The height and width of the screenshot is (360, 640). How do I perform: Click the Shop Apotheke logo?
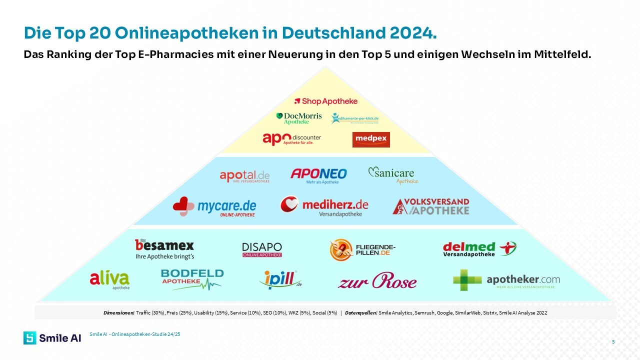(326, 101)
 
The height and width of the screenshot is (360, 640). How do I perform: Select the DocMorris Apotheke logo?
(299, 118)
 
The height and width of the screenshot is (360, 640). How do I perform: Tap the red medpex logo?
(371, 139)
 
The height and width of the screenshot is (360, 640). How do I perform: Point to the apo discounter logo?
(292, 138)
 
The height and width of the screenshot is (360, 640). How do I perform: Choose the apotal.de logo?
(244, 176)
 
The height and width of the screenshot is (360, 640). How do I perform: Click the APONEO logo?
(319, 175)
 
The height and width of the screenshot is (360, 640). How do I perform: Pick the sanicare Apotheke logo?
(393, 175)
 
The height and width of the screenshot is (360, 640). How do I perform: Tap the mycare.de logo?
(214, 206)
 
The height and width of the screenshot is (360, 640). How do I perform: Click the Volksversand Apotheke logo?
(431, 206)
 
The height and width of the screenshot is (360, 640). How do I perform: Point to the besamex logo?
(164, 248)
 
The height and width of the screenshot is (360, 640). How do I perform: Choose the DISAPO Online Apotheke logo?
(262, 249)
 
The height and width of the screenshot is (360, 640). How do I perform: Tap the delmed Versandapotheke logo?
(479, 248)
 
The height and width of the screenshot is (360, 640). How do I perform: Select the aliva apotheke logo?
(109, 280)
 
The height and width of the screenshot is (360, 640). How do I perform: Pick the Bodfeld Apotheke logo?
(192, 279)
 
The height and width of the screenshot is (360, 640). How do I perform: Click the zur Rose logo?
(377, 281)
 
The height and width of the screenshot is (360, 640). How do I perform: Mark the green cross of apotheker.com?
(467, 280)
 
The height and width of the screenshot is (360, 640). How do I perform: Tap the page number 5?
(613, 341)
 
